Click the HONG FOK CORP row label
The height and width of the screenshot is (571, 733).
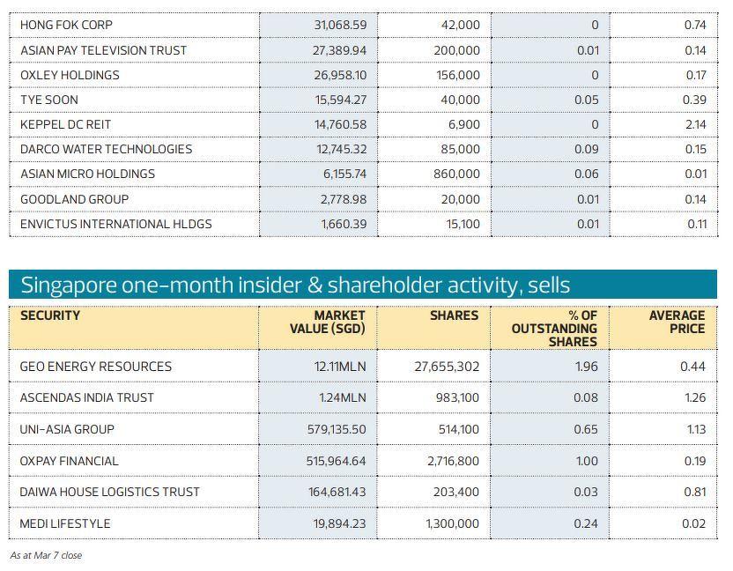click(66, 26)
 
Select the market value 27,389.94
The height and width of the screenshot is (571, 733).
click(339, 51)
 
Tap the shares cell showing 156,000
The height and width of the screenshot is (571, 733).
click(457, 76)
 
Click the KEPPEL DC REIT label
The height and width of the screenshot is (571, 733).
click(65, 125)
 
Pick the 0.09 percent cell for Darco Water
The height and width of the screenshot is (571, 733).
click(588, 150)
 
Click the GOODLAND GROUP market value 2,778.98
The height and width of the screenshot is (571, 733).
click(343, 199)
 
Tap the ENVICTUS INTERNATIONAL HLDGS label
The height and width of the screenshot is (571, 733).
click(115, 224)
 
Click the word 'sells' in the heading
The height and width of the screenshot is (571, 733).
click(549, 285)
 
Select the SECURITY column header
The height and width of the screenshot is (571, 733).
click(50, 315)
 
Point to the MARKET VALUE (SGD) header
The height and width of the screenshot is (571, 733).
click(327, 322)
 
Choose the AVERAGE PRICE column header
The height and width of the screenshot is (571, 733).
click(677, 322)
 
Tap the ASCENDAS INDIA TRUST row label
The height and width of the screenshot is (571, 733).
click(86, 398)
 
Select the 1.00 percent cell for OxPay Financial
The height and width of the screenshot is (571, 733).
click(586, 461)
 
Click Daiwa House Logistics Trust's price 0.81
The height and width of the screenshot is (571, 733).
click(694, 492)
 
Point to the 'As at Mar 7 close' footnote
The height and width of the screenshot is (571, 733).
click(46, 555)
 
